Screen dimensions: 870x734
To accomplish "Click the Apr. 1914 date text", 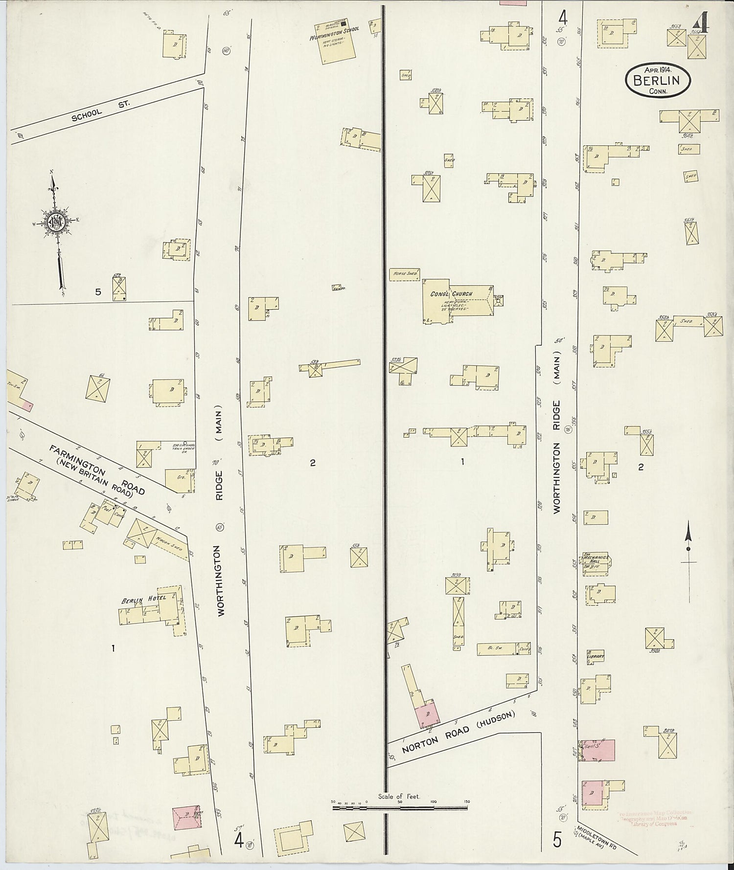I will pos(658,69).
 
